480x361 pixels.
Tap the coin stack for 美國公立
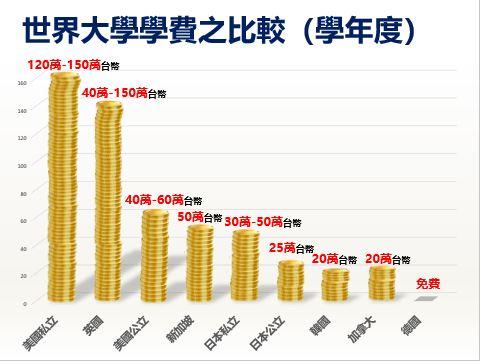(155, 255)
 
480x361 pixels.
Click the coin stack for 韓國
(336, 286)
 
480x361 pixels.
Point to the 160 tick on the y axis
(22, 83)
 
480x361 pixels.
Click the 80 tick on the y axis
(23, 193)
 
